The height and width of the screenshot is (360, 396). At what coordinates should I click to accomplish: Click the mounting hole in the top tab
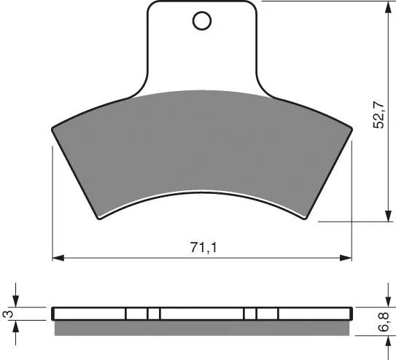pyautogui.click(x=202, y=20)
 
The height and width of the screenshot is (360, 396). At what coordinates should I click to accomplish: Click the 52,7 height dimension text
pyautogui.click(x=378, y=116)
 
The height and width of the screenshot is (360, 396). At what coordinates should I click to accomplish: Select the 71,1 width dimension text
pyautogui.click(x=203, y=248)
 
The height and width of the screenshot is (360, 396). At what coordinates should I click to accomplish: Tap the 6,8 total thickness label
pyautogui.click(x=384, y=321)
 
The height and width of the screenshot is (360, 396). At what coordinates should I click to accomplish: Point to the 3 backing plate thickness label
pyautogui.click(x=8, y=314)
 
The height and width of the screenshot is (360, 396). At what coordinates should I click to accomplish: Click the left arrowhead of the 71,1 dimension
pyautogui.click(x=58, y=258)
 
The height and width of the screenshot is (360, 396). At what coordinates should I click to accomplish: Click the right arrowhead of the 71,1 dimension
pyautogui.click(x=346, y=258)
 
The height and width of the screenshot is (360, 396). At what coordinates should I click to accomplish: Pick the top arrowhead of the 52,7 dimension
pyautogui.click(x=388, y=7)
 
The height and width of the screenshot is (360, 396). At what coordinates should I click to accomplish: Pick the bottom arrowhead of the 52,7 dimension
pyautogui.click(x=388, y=216)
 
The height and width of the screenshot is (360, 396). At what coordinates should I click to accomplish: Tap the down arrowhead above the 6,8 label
pyautogui.click(x=388, y=302)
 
